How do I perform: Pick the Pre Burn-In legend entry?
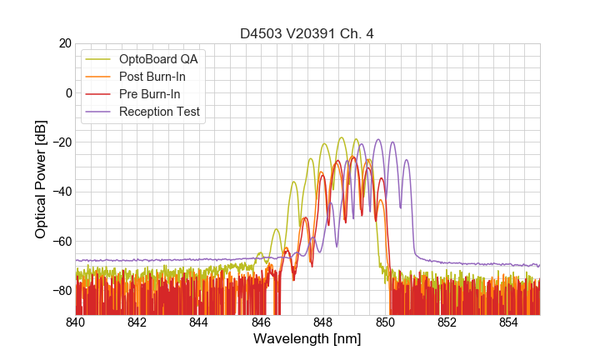150,94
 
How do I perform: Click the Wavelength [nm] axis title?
307,340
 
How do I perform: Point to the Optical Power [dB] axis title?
41,178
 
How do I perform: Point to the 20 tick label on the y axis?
63,43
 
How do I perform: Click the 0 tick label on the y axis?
67,92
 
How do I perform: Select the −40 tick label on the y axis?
59,192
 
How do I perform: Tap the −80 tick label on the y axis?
59,291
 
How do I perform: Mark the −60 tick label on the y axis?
59,242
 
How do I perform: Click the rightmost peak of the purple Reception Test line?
407,159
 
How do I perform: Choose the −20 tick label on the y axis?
59,142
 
